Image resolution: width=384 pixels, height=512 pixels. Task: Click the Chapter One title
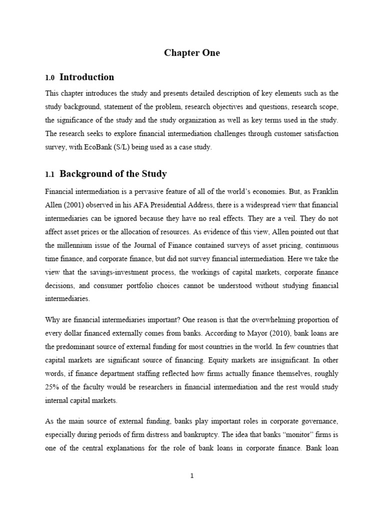pyautogui.click(x=192, y=53)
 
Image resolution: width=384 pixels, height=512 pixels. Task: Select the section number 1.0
pyautogui.click(x=49, y=78)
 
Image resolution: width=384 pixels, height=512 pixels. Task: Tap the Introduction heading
pyautogui.click(x=86, y=77)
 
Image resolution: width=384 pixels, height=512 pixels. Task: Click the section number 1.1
pyautogui.click(x=49, y=175)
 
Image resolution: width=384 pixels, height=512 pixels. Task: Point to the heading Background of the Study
pyautogui.click(x=113, y=174)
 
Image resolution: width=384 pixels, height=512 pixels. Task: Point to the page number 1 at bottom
pyautogui.click(x=192, y=476)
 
